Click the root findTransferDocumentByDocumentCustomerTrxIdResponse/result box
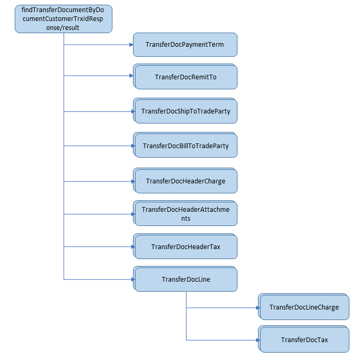click(x=63, y=19)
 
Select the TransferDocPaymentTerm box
click(x=185, y=45)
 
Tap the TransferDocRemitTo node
click(x=185, y=77)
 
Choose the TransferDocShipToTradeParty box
click(x=185, y=111)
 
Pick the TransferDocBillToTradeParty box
click(x=185, y=146)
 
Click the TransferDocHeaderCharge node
click(x=185, y=181)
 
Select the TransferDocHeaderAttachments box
click(x=185, y=214)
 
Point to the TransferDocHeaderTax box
click(x=185, y=246)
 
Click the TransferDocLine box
click(x=185, y=279)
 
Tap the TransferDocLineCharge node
click(x=304, y=307)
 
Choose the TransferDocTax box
click(x=304, y=340)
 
